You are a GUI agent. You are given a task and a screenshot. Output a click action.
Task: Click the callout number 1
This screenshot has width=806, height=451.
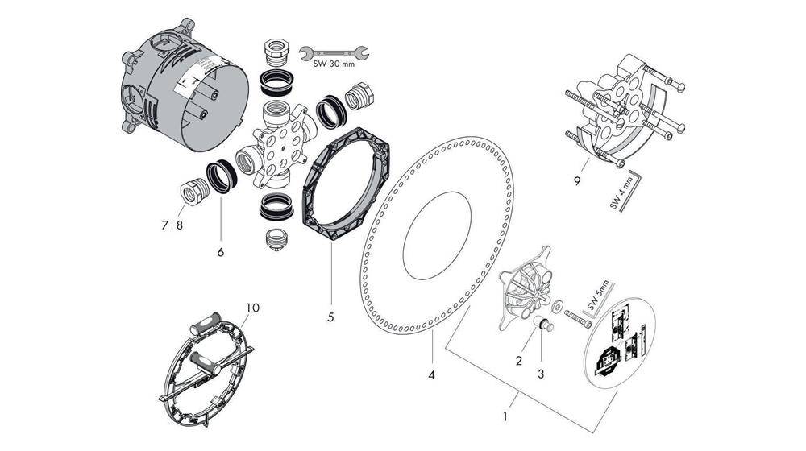point(505,418)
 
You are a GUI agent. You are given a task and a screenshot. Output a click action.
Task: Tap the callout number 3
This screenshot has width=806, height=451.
point(542,374)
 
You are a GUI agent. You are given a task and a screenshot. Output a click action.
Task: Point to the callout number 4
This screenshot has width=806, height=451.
point(432,374)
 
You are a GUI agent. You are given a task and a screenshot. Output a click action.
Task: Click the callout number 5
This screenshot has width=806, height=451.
point(330,317)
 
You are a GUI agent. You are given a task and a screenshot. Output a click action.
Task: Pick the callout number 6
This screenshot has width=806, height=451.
point(220,251)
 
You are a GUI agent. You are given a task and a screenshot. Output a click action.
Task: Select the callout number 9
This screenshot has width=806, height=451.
point(577,181)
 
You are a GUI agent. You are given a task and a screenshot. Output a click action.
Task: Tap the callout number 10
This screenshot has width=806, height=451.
point(253,308)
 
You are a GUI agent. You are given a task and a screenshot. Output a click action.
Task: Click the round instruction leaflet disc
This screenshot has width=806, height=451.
point(621,342)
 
